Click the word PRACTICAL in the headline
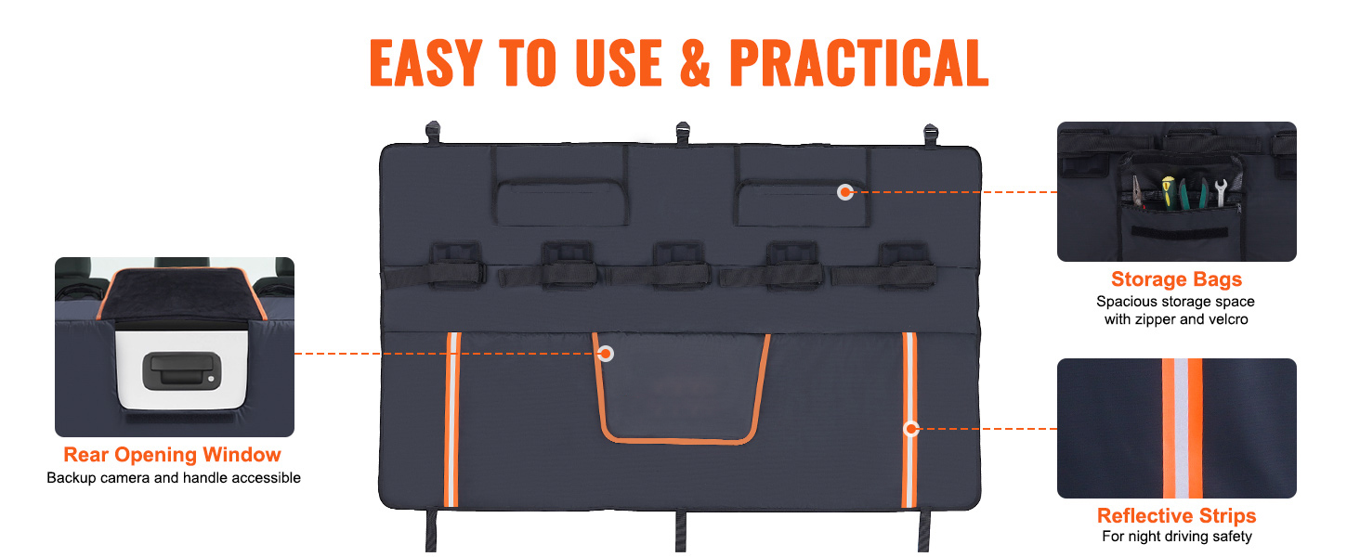tap(858, 62)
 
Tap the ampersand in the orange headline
tap(695, 62)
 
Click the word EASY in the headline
tap(425, 62)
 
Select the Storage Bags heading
tap(1176, 279)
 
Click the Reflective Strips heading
tap(1176, 516)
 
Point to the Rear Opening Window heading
tap(173, 455)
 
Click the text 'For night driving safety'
tap(1177, 537)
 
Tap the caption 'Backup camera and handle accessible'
tap(174, 478)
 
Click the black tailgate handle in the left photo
tap(181, 370)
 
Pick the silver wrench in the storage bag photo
tap(1222, 192)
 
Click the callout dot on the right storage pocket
tap(845, 192)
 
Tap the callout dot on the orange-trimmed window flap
tap(606, 354)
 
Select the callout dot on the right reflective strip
tap(910, 429)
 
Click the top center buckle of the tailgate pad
tap(683, 134)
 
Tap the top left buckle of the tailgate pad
tap(432, 133)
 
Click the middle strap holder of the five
tap(679, 266)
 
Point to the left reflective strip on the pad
tap(452, 420)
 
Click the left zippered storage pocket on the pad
tap(560, 202)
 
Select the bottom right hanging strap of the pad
tap(924, 530)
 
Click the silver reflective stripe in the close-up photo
tap(1182, 428)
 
